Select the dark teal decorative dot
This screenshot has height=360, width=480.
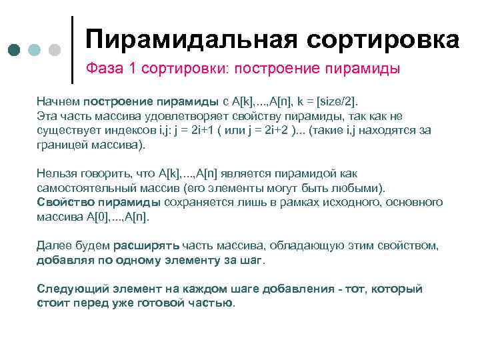click(x=15, y=51)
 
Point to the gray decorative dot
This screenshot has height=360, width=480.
click(x=55, y=51)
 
